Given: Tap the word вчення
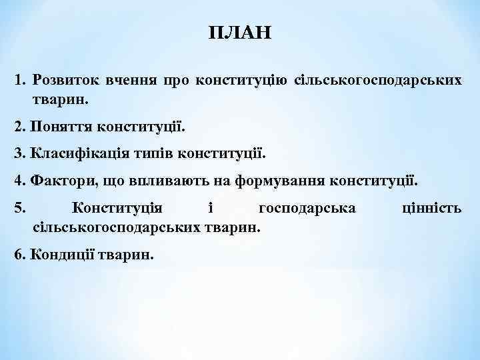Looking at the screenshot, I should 130,81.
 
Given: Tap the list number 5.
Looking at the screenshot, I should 18,209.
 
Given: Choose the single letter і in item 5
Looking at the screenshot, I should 210,209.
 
